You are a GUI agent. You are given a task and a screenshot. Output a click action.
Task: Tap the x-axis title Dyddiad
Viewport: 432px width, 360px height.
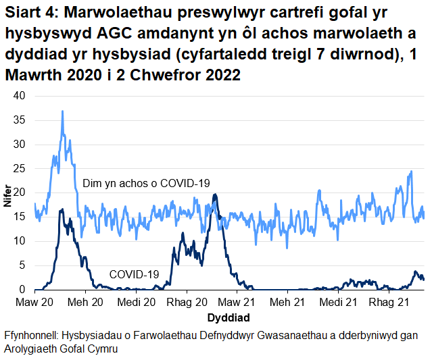[229, 317]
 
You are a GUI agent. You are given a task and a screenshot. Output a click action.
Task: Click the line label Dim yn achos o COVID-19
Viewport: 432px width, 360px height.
[147, 184]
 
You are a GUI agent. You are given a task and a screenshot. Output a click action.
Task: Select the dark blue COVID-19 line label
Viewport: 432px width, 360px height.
[134, 274]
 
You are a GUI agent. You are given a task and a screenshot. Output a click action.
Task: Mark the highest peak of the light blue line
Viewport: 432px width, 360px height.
[63, 111]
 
